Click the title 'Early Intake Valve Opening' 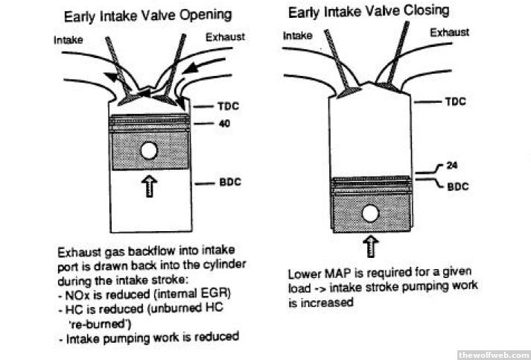click(147, 16)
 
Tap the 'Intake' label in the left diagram click(69, 40)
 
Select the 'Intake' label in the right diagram click(299, 34)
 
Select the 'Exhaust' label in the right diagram click(451, 32)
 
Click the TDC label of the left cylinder click(226, 107)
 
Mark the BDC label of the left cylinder click(226, 181)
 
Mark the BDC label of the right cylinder click(457, 186)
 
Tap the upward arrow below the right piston click(371, 246)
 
